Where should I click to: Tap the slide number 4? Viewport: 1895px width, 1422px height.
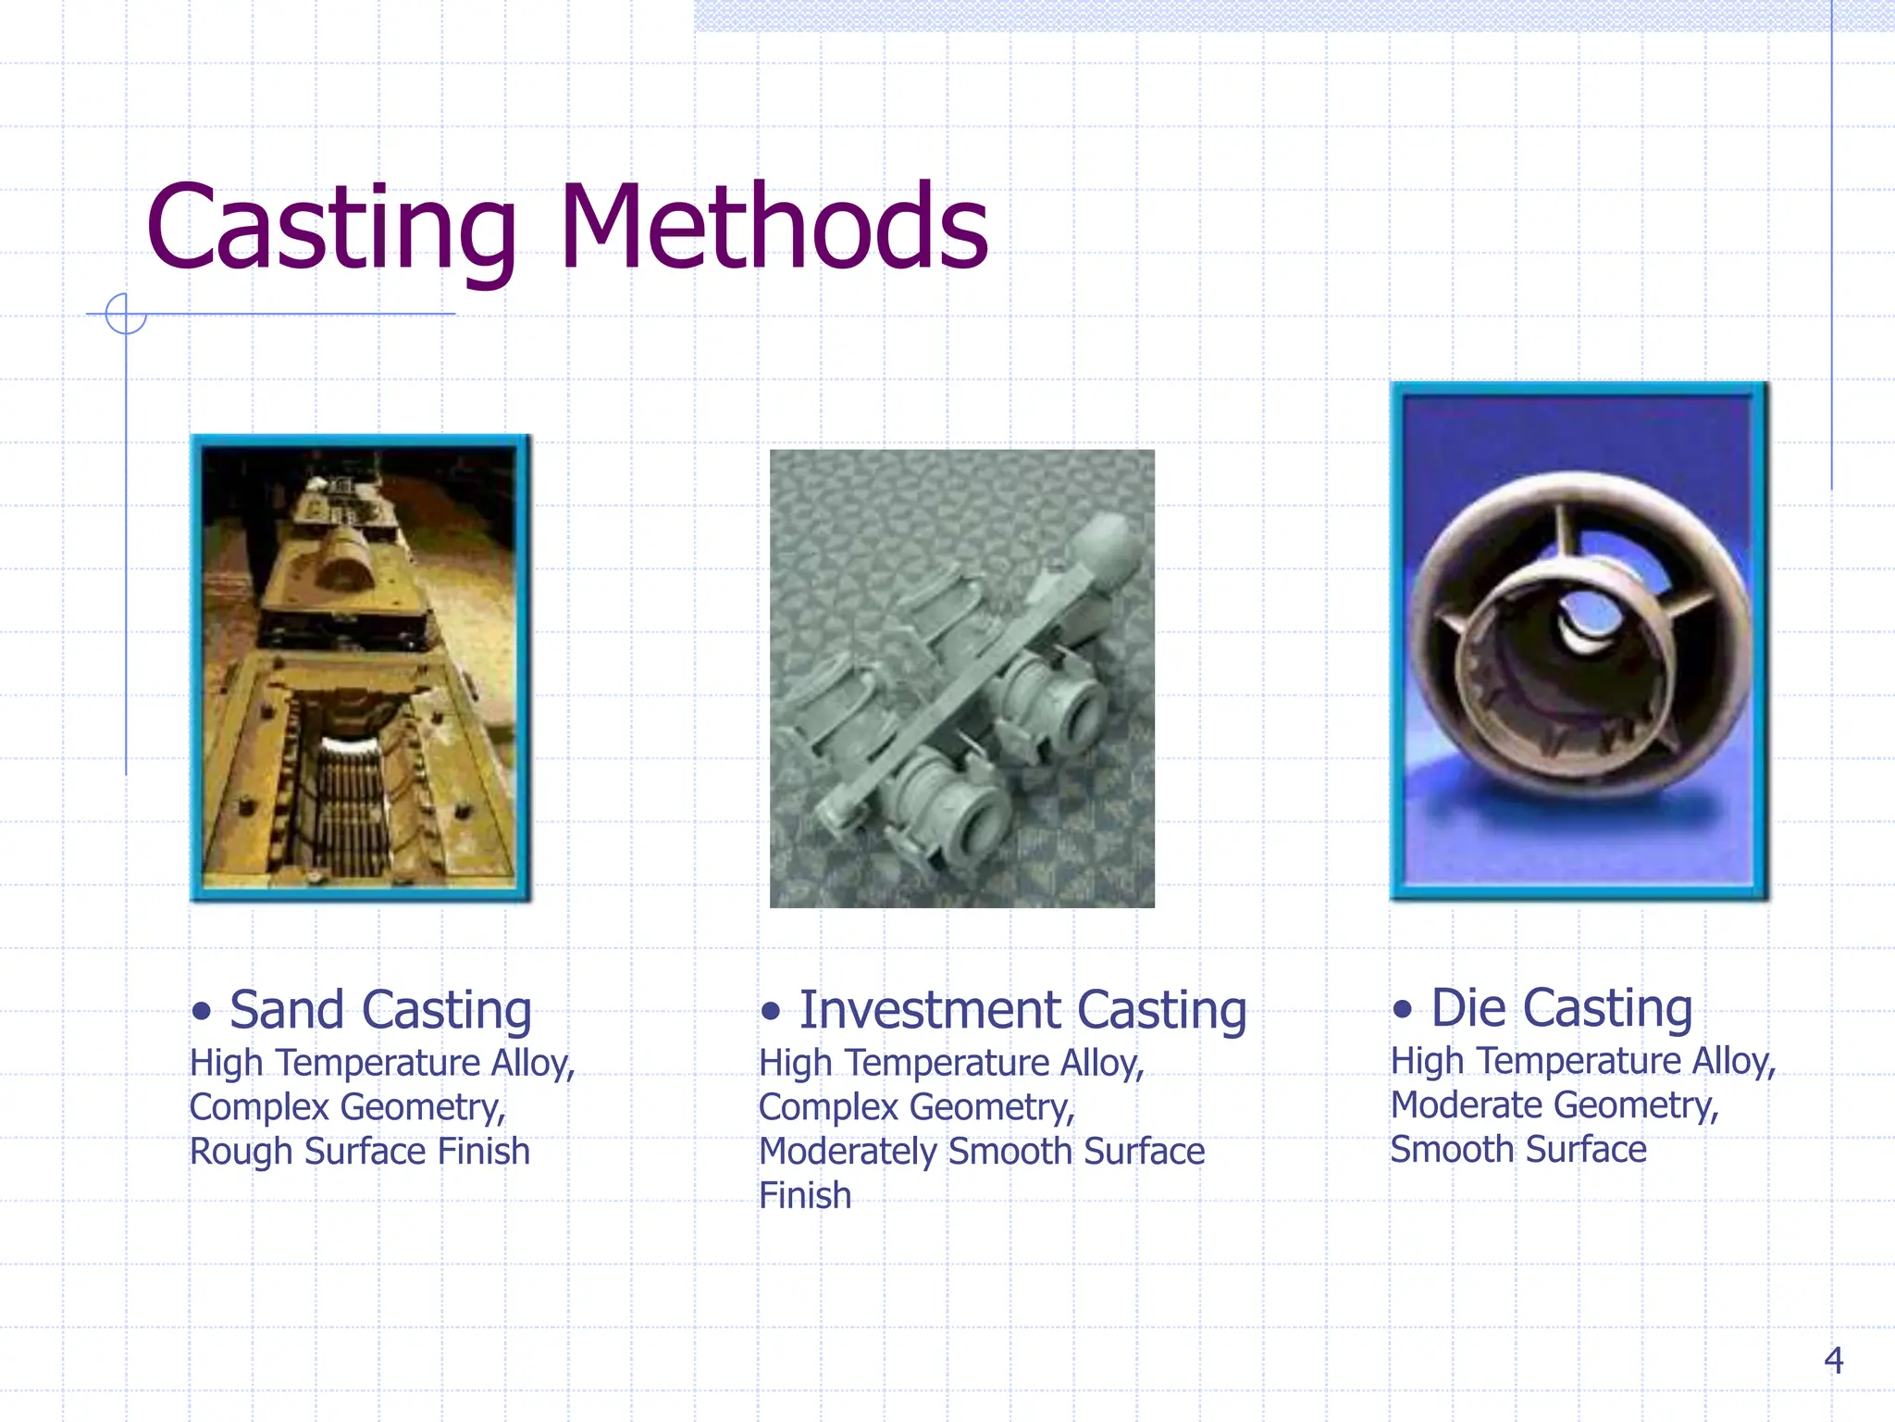pos(1833,1360)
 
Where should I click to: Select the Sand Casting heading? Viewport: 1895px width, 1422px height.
pos(379,1009)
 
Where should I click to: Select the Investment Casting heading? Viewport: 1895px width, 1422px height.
pos(1022,1009)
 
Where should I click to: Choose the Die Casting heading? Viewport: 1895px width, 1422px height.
pos(1561,1007)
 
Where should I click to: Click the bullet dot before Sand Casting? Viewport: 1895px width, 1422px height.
pos(202,1011)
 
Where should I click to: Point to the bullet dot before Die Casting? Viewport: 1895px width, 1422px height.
pos(1403,1009)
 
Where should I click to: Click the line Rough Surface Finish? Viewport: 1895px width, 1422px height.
pos(359,1152)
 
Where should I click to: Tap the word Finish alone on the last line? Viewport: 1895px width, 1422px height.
pos(804,1195)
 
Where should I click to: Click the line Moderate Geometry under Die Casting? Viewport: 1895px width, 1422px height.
pos(1554,1105)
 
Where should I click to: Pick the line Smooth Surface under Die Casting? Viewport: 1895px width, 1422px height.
pos(1517,1150)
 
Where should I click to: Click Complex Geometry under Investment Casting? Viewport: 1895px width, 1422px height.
pos(916,1108)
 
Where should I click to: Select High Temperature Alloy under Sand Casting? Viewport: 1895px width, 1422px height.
pos(381,1063)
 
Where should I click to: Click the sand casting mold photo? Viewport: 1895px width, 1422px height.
pos(359,667)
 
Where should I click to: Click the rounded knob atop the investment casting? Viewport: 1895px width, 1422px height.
pos(1108,548)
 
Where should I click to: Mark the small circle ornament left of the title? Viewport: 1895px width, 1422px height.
pos(126,313)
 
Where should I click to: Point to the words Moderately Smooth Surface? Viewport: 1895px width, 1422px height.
pos(981,1152)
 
